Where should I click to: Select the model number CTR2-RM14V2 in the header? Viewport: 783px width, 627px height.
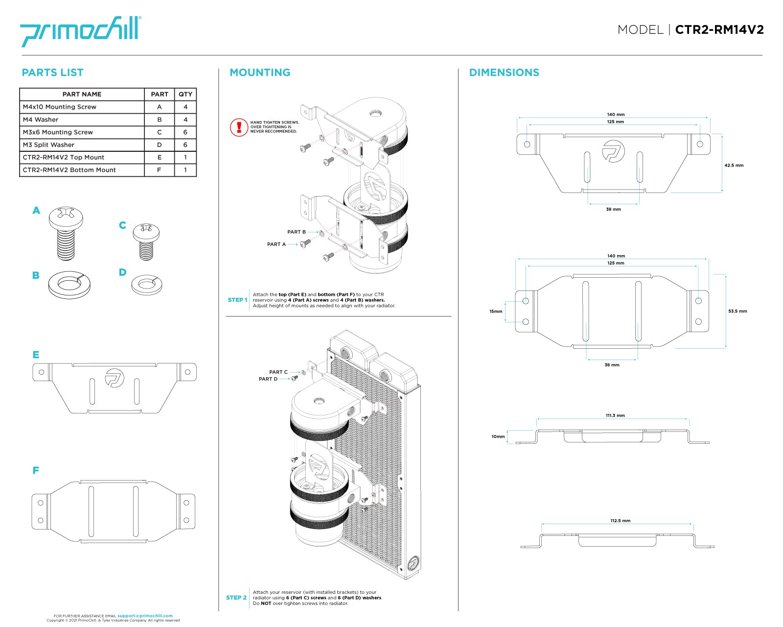pyautogui.click(x=719, y=30)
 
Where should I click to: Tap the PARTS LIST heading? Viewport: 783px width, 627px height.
pyautogui.click(x=52, y=72)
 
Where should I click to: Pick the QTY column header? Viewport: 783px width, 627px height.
pyautogui.click(x=185, y=94)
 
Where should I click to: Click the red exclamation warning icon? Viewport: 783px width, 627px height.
pyautogui.click(x=239, y=127)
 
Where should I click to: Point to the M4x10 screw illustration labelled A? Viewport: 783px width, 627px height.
pyautogui.click(x=66, y=233)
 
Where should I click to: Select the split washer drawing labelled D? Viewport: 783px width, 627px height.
pyautogui.click(x=146, y=284)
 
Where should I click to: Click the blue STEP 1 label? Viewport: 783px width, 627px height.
pyautogui.click(x=237, y=300)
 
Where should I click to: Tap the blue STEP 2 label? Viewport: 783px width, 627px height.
pyautogui.click(x=236, y=598)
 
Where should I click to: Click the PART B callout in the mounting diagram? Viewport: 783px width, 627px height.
pyautogui.click(x=296, y=232)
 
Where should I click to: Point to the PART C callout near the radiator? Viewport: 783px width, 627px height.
pyautogui.click(x=278, y=372)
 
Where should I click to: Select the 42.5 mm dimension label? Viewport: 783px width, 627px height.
pyautogui.click(x=734, y=166)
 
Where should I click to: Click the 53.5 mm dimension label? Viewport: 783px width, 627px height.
pyautogui.click(x=737, y=311)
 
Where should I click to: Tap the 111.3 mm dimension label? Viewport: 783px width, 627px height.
pyautogui.click(x=615, y=415)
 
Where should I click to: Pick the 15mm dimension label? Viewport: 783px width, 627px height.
pyautogui.click(x=496, y=312)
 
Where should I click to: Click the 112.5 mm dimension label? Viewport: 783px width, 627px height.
pyautogui.click(x=620, y=521)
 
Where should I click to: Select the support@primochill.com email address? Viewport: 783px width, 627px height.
pyautogui.click(x=145, y=616)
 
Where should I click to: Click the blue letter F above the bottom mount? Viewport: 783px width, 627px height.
pyautogui.click(x=36, y=471)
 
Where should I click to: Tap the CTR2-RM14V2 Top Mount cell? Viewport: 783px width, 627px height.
pyautogui.click(x=64, y=158)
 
